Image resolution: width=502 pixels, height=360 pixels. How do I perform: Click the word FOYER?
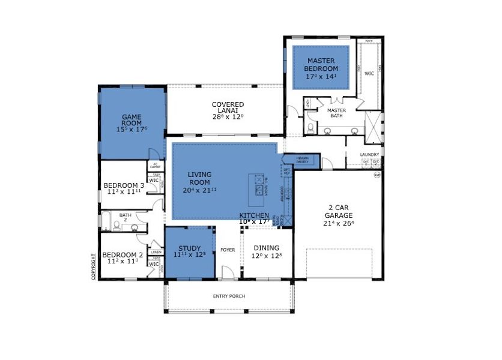tap(228, 250)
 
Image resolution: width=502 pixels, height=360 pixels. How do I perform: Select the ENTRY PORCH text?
tap(229, 296)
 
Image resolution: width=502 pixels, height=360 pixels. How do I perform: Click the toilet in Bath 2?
tap(134, 227)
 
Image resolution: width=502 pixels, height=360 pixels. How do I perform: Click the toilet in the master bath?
tap(309, 128)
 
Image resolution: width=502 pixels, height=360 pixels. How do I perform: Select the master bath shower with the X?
tap(373, 127)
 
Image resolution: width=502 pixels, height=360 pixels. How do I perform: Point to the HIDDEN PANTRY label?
tap(302, 160)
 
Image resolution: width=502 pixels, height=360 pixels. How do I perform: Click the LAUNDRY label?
tap(369, 154)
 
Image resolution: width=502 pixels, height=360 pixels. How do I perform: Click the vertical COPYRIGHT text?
tap(94, 266)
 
